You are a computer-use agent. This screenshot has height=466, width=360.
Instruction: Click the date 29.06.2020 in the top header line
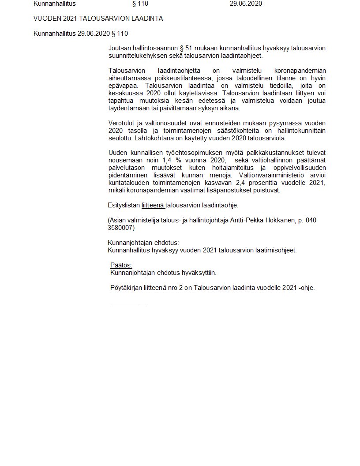point(246,4)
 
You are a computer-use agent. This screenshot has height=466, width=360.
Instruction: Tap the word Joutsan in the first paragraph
point(119,48)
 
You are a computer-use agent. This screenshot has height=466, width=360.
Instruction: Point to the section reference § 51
point(172,48)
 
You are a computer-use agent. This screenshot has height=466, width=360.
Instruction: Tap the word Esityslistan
point(124,205)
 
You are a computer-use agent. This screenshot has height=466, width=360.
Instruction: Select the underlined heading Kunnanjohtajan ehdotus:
point(143,243)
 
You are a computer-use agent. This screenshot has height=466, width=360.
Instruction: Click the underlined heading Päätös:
point(121,265)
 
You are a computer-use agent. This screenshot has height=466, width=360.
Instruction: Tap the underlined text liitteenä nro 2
point(163,288)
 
